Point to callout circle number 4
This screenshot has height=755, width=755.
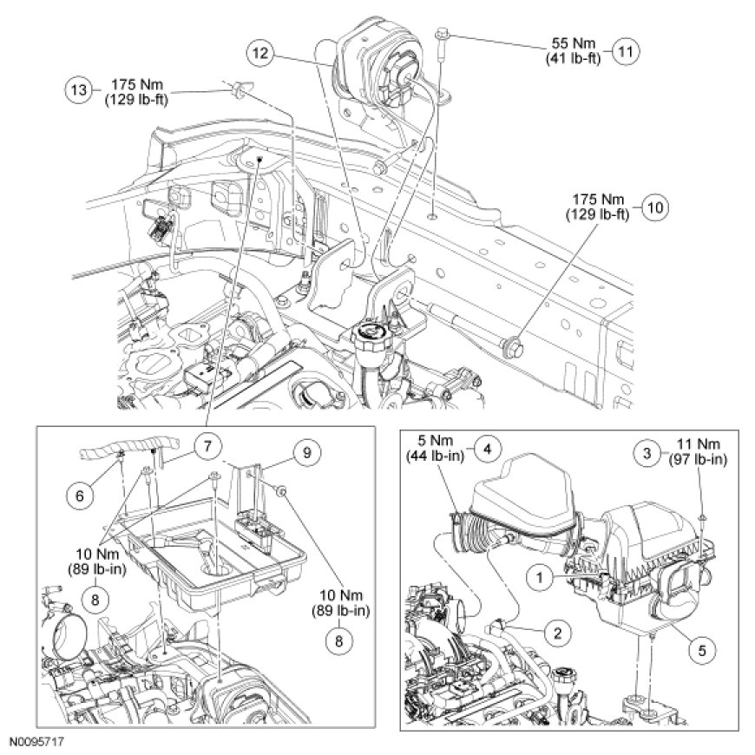(488, 450)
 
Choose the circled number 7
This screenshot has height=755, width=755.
(206, 446)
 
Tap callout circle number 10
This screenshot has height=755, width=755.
(653, 208)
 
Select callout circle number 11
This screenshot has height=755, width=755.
(625, 51)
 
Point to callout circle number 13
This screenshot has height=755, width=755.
(78, 89)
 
